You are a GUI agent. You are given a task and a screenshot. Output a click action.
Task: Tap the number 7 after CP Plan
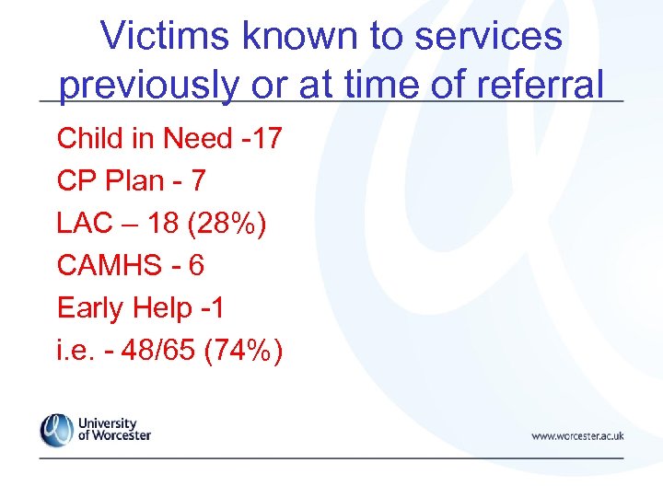[x=198, y=181]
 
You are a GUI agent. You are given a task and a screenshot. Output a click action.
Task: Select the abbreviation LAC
[x=84, y=224]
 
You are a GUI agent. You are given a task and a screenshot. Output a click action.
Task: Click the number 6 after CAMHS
[x=195, y=266]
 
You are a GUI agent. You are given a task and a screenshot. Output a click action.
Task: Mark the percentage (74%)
[x=245, y=351]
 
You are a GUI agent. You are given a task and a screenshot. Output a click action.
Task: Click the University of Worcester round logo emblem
[x=56, y=430]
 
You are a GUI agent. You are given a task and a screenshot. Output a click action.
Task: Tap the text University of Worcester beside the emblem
[x=114, y=430]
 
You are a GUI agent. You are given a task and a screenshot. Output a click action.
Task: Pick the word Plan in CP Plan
[x=136, y=181]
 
